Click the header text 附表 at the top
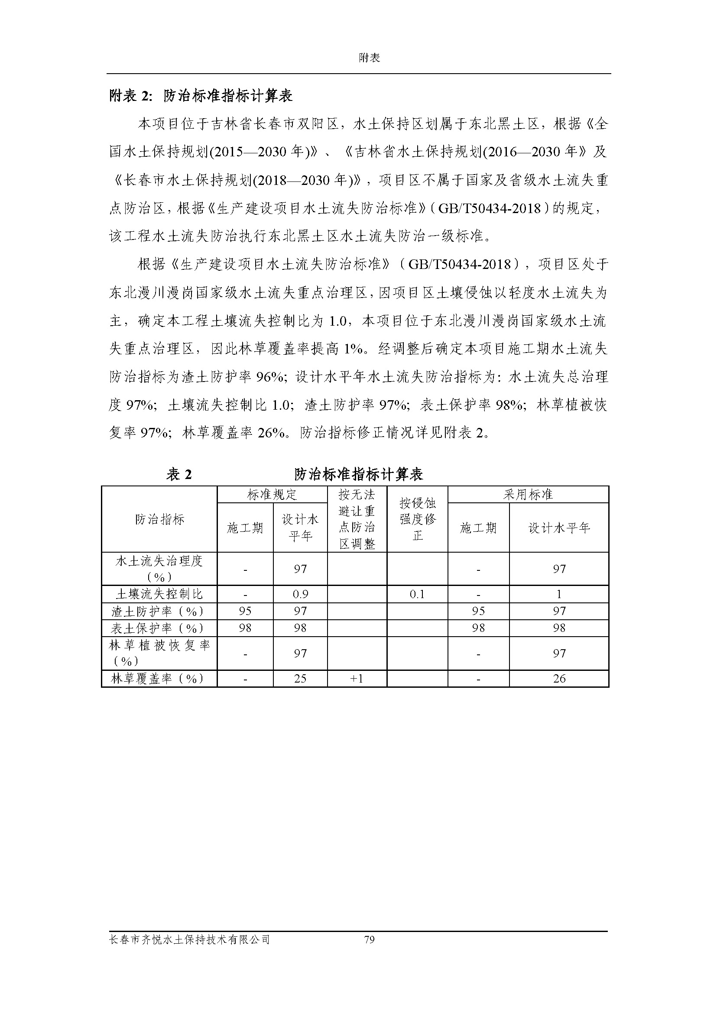(x=369, y=58)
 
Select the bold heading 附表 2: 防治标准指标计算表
(x=201, y=96)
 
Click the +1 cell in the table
(x=356, y=678)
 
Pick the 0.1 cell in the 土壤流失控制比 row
(x=417, y=594)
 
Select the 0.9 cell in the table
(x=300, y=594)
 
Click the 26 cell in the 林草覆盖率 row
(x=559, y=678)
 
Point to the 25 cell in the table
(x=300, y=678)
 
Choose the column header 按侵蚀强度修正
(x=417, y=519)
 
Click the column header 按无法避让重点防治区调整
(x=357, y=519)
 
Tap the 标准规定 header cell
(x=272, y=494)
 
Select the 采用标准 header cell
(x=528, y=494)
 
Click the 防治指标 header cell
(x=159, y=519)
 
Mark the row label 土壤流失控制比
(x=159, y=594)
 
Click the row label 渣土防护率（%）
(x=159, y=611)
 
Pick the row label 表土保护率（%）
(x=159, y=628)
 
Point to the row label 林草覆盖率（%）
(x=159, y=678)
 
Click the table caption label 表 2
(x=179, y=474)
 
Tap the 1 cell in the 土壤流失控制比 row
(x=559, y=594)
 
